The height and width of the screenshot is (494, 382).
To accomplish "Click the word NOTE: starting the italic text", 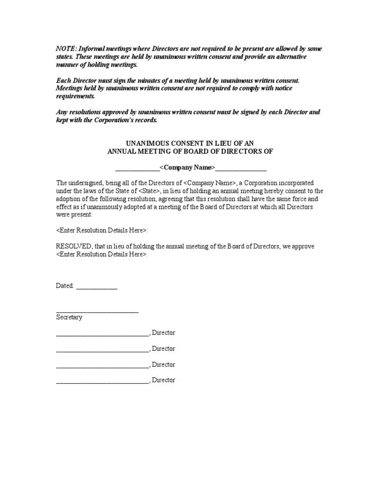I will tap(66, 49).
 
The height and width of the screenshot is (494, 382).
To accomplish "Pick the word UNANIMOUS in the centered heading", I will tap(148, 143).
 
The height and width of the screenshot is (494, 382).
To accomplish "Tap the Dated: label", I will tap(65, 286).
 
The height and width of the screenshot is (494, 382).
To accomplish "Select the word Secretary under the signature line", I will tap(69, 317).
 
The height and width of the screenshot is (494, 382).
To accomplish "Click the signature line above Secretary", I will tap(97, 311).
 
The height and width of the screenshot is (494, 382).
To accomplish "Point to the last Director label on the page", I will tap(164, 380).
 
